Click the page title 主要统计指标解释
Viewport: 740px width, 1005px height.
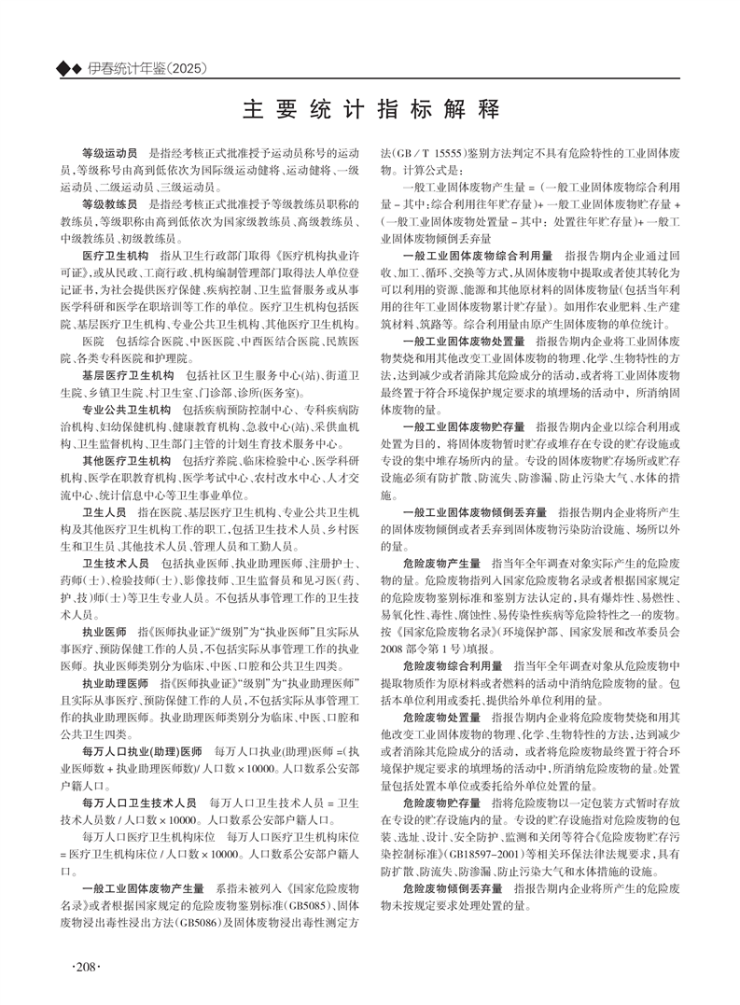[370, 108]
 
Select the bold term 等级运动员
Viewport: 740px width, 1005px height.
[110, 150]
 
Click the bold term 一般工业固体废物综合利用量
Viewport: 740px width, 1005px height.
[478, 255]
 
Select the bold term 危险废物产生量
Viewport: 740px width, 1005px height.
[441, 564]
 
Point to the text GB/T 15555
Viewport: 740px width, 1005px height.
[426, 151]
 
